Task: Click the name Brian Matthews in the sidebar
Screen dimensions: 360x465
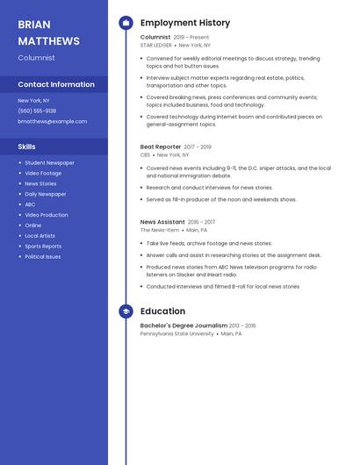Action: [x=48, y=32]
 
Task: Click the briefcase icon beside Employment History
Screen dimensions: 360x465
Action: [x=126, y=22]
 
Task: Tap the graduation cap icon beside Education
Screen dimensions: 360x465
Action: [x=126, y=311]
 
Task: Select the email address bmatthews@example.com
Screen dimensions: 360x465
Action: [x=52, y=121]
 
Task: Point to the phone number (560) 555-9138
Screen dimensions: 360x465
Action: [x=37, y=111]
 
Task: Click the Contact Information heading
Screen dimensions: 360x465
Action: [x=56, y=84]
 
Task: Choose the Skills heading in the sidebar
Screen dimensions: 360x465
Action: [x=26, y=147]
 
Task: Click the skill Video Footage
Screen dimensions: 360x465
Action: [x=43, y=173]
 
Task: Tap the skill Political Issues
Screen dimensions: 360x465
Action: [x=43, y=256]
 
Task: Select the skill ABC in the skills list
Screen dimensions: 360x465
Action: [x=30, y=204]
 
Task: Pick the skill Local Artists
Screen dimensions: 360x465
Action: [x=40, y=235]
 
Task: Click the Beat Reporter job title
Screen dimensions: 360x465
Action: [x=161, y=147]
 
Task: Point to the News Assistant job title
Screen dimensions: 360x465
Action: [x=162, y=222]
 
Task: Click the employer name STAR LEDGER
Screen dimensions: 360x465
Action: [x=156, y=45]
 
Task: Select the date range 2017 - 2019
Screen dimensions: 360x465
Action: [x=198, y=147]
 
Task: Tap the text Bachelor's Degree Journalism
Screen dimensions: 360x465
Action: [x=184, y=325]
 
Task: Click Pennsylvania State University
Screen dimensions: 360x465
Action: [x=176, y=333]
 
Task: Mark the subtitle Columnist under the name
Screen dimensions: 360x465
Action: [x=36, y=57]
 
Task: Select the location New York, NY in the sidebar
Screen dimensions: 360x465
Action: [x=35, y=100]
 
